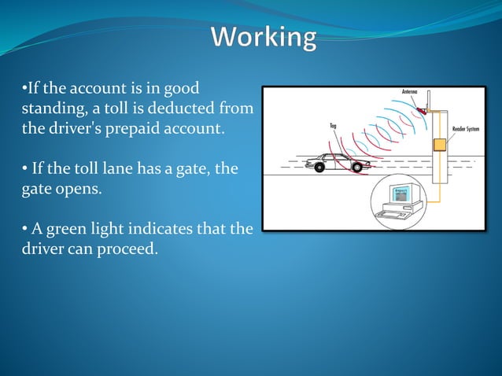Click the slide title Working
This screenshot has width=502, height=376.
point(264,38)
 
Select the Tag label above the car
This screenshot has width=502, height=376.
point(334,124)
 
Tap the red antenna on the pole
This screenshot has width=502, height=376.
point(424,111)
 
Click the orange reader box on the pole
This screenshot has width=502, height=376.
point(439,144)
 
